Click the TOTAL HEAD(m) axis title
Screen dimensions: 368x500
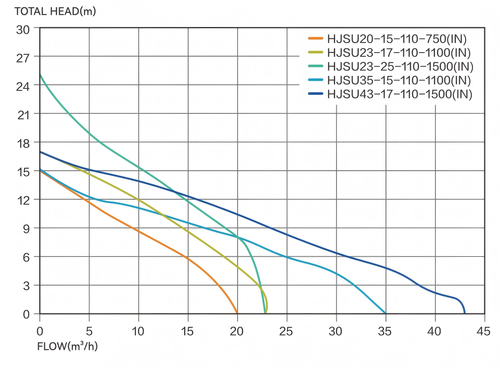point(55,11)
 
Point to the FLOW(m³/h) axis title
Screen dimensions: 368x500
point(67,346)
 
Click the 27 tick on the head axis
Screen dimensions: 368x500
point(23,57)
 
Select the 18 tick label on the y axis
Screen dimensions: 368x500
point(23,143)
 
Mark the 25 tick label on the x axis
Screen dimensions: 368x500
point(287,331)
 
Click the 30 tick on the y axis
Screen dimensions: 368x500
point(23,29)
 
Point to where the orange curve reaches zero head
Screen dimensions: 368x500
point(237,313)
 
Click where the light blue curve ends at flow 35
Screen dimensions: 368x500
point(385,313)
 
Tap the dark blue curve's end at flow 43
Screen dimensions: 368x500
point(465,313)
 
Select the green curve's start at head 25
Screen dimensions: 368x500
point(40,75)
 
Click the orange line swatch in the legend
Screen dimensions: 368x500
point(315,39)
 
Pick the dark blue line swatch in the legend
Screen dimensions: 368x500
point(315,94)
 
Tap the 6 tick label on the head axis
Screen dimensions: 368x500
point(26,257)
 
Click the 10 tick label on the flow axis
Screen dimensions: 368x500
point(138,331)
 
